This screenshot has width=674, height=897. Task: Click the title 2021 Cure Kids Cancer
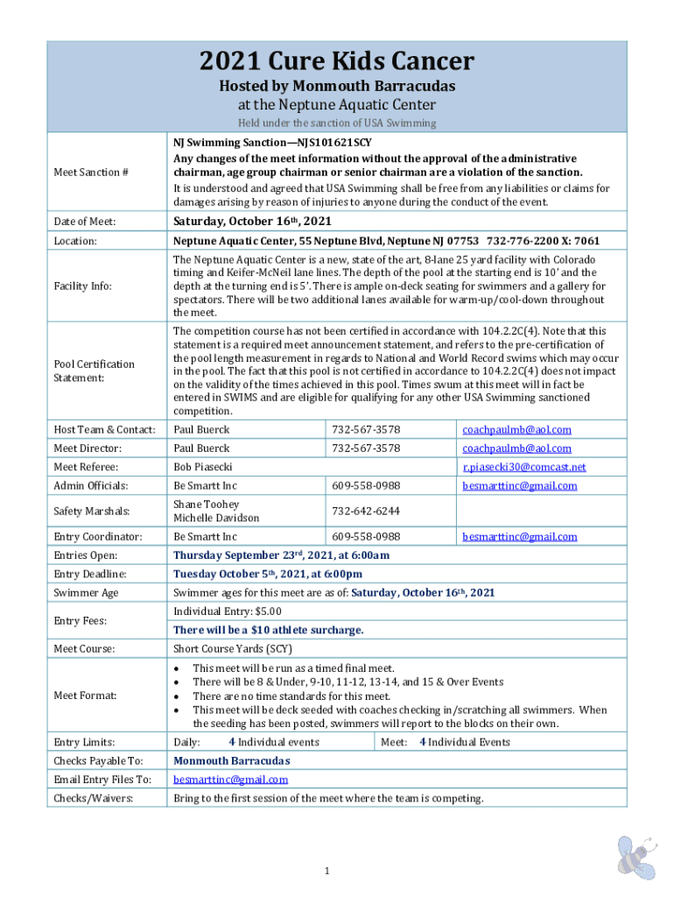point(337,61)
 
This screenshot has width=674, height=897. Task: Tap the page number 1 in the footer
point(326,871)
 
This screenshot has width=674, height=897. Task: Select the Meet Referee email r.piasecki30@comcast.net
point(524,467)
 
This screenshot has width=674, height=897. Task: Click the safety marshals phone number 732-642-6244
point(364,511)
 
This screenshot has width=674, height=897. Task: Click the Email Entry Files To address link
point(230,780)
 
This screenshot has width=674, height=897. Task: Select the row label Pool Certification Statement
point(94,371)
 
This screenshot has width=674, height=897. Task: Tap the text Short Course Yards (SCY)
point(233,649)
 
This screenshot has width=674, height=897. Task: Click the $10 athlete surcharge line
point(268,630)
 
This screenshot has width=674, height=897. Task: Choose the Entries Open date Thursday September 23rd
point(281,555)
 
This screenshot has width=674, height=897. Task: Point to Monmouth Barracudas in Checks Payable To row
point(231,760)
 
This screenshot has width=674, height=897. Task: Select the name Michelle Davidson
point(216,518)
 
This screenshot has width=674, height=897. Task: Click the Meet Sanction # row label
point(91,172)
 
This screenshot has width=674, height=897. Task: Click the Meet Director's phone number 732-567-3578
point(365,448)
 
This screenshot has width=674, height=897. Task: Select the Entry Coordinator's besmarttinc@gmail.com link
point(519,537)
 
